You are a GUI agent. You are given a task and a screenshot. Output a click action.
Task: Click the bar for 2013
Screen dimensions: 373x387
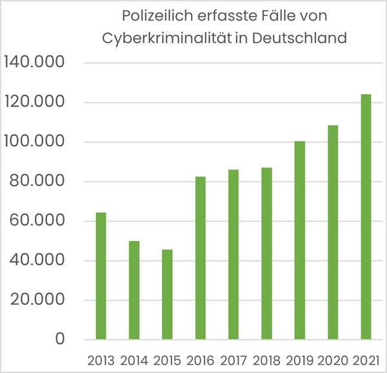(101, 276)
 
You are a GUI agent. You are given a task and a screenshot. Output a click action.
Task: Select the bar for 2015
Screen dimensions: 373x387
(167, 294)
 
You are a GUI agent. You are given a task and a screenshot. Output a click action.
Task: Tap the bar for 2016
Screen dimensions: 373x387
(200, 258)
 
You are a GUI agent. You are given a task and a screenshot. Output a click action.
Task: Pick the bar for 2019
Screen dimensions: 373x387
(299, 240)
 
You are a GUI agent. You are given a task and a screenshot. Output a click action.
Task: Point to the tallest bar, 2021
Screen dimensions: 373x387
(366, 216)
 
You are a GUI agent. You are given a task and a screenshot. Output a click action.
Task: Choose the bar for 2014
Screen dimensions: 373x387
(134, 290)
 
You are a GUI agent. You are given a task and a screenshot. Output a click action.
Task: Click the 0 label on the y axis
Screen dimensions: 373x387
(60, 340)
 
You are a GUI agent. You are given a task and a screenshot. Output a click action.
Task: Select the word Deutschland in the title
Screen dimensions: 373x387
(300, 37)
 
